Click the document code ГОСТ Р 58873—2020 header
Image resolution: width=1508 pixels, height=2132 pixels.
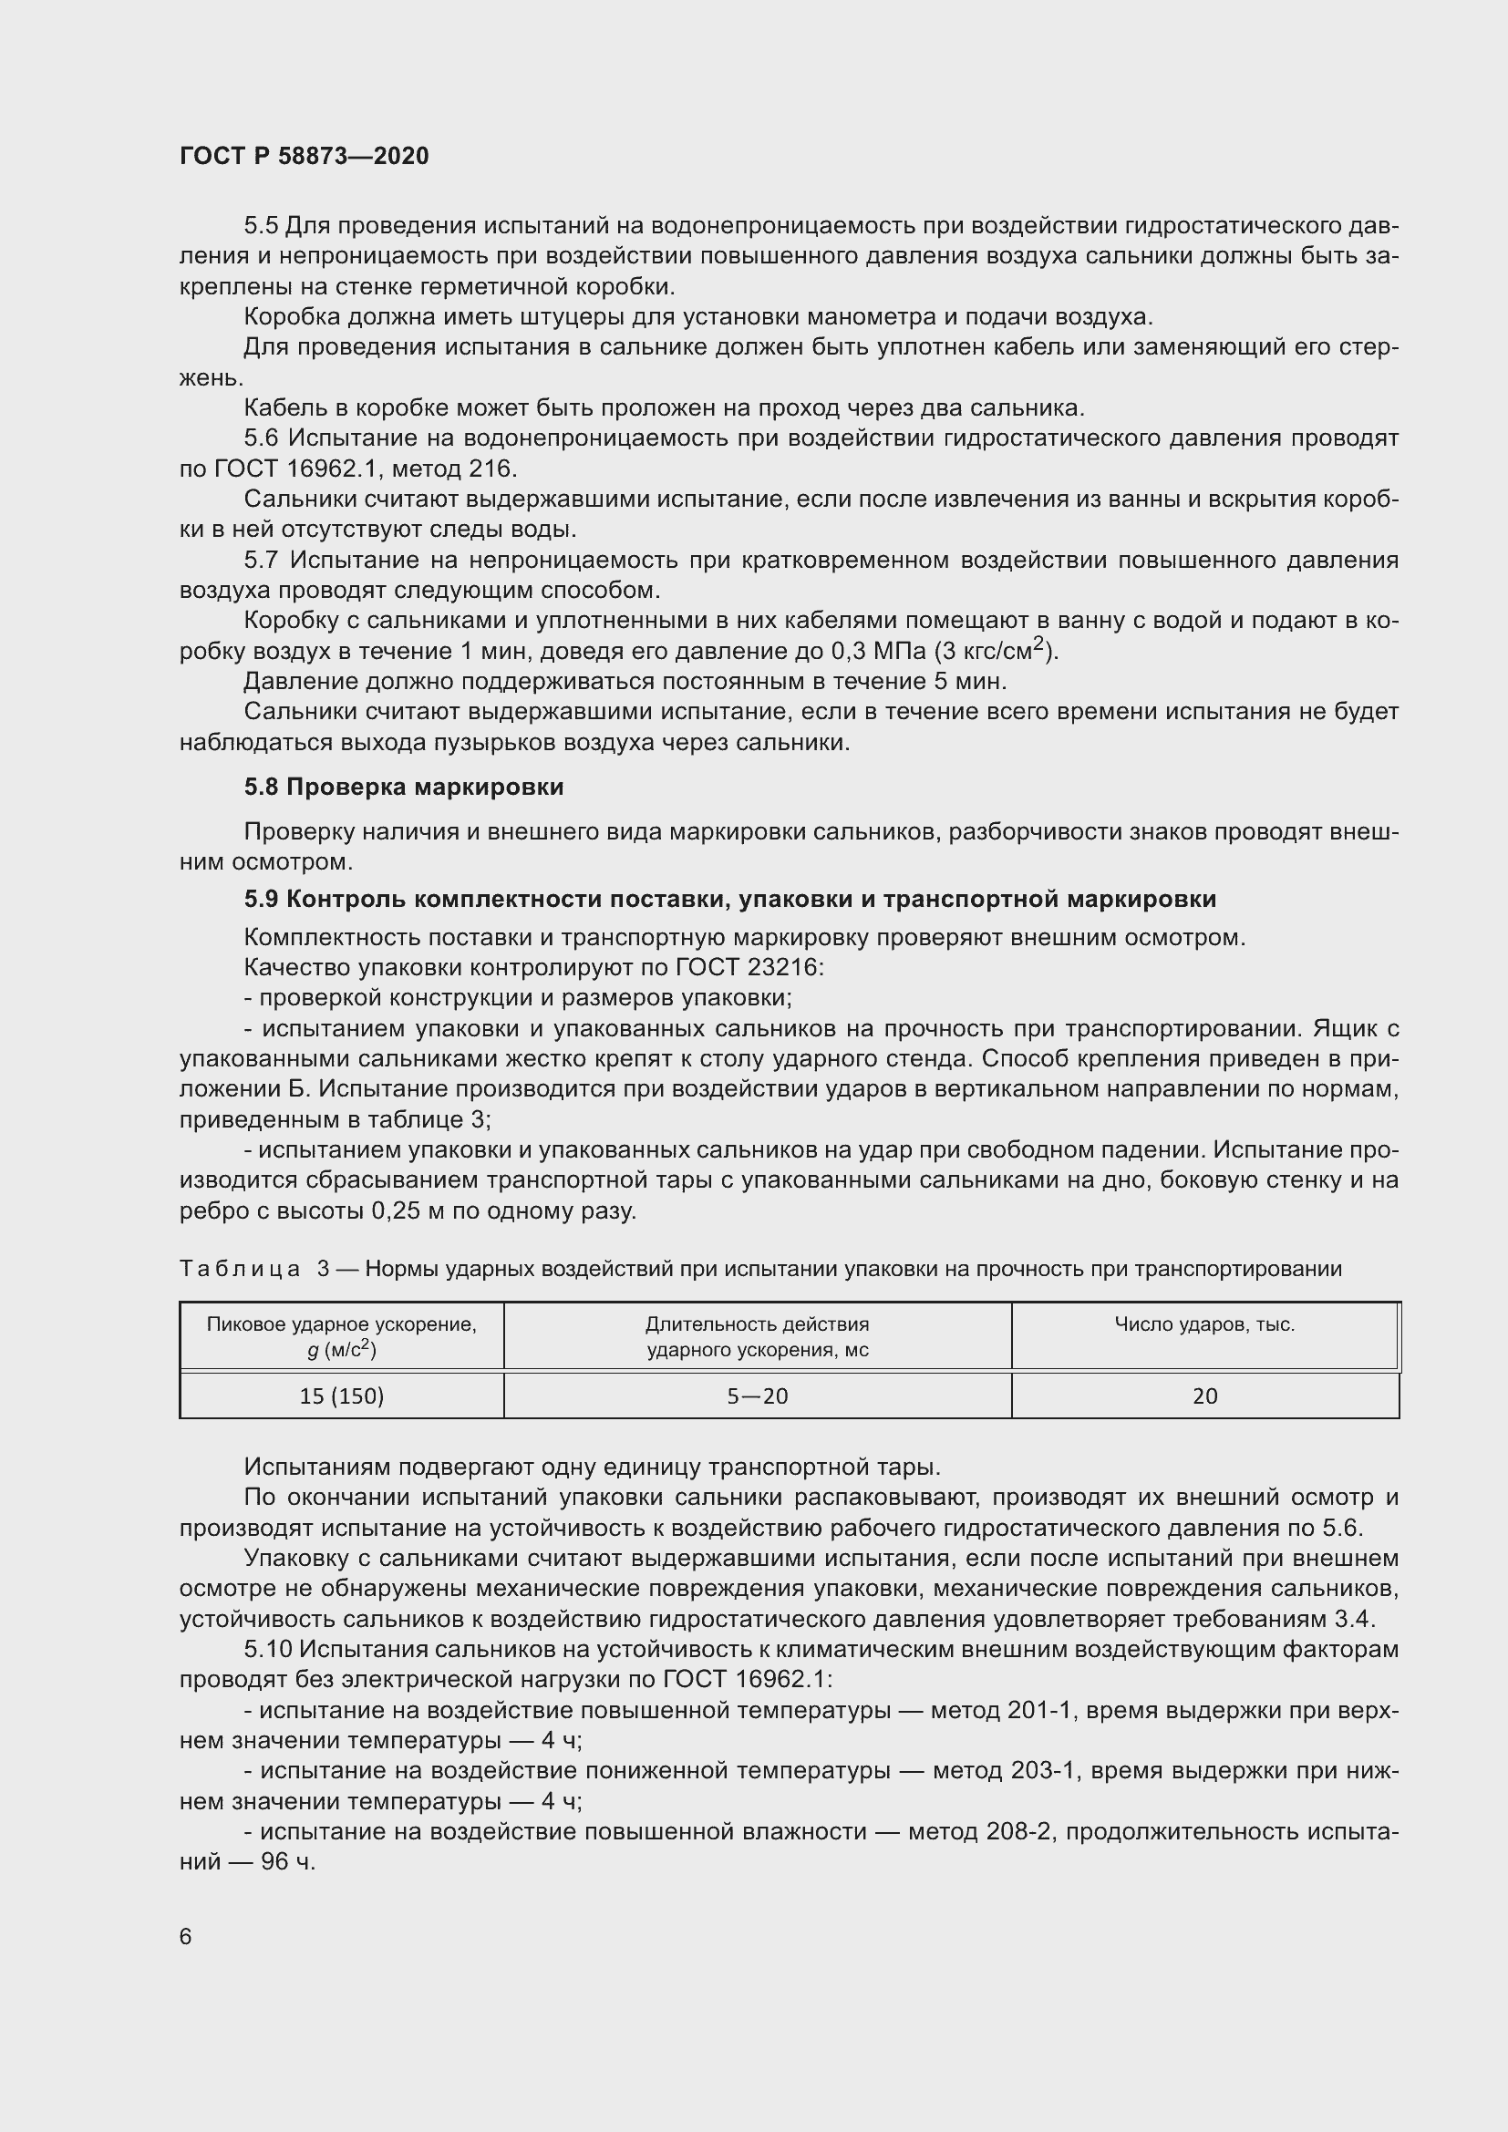[x=304, y=156]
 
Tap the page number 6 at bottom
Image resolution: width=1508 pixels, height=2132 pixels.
[x=186, y=1936]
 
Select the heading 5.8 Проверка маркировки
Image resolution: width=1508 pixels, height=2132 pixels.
[x=404, y=787]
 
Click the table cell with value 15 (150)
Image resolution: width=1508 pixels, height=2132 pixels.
[x=342, y=1396]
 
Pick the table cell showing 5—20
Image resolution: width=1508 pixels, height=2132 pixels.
[x=757, y=1396]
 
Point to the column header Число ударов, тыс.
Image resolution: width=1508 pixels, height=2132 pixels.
[x=1204, y=1325]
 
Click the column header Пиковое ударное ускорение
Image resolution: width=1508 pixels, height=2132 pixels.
[x=342, y=1325]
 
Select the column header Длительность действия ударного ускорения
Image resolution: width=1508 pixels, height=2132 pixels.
[x=757, y=1337]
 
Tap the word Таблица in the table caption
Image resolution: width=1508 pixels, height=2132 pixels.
[x=240, y=1269]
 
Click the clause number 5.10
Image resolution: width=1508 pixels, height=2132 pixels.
[x=268, y=1650]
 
